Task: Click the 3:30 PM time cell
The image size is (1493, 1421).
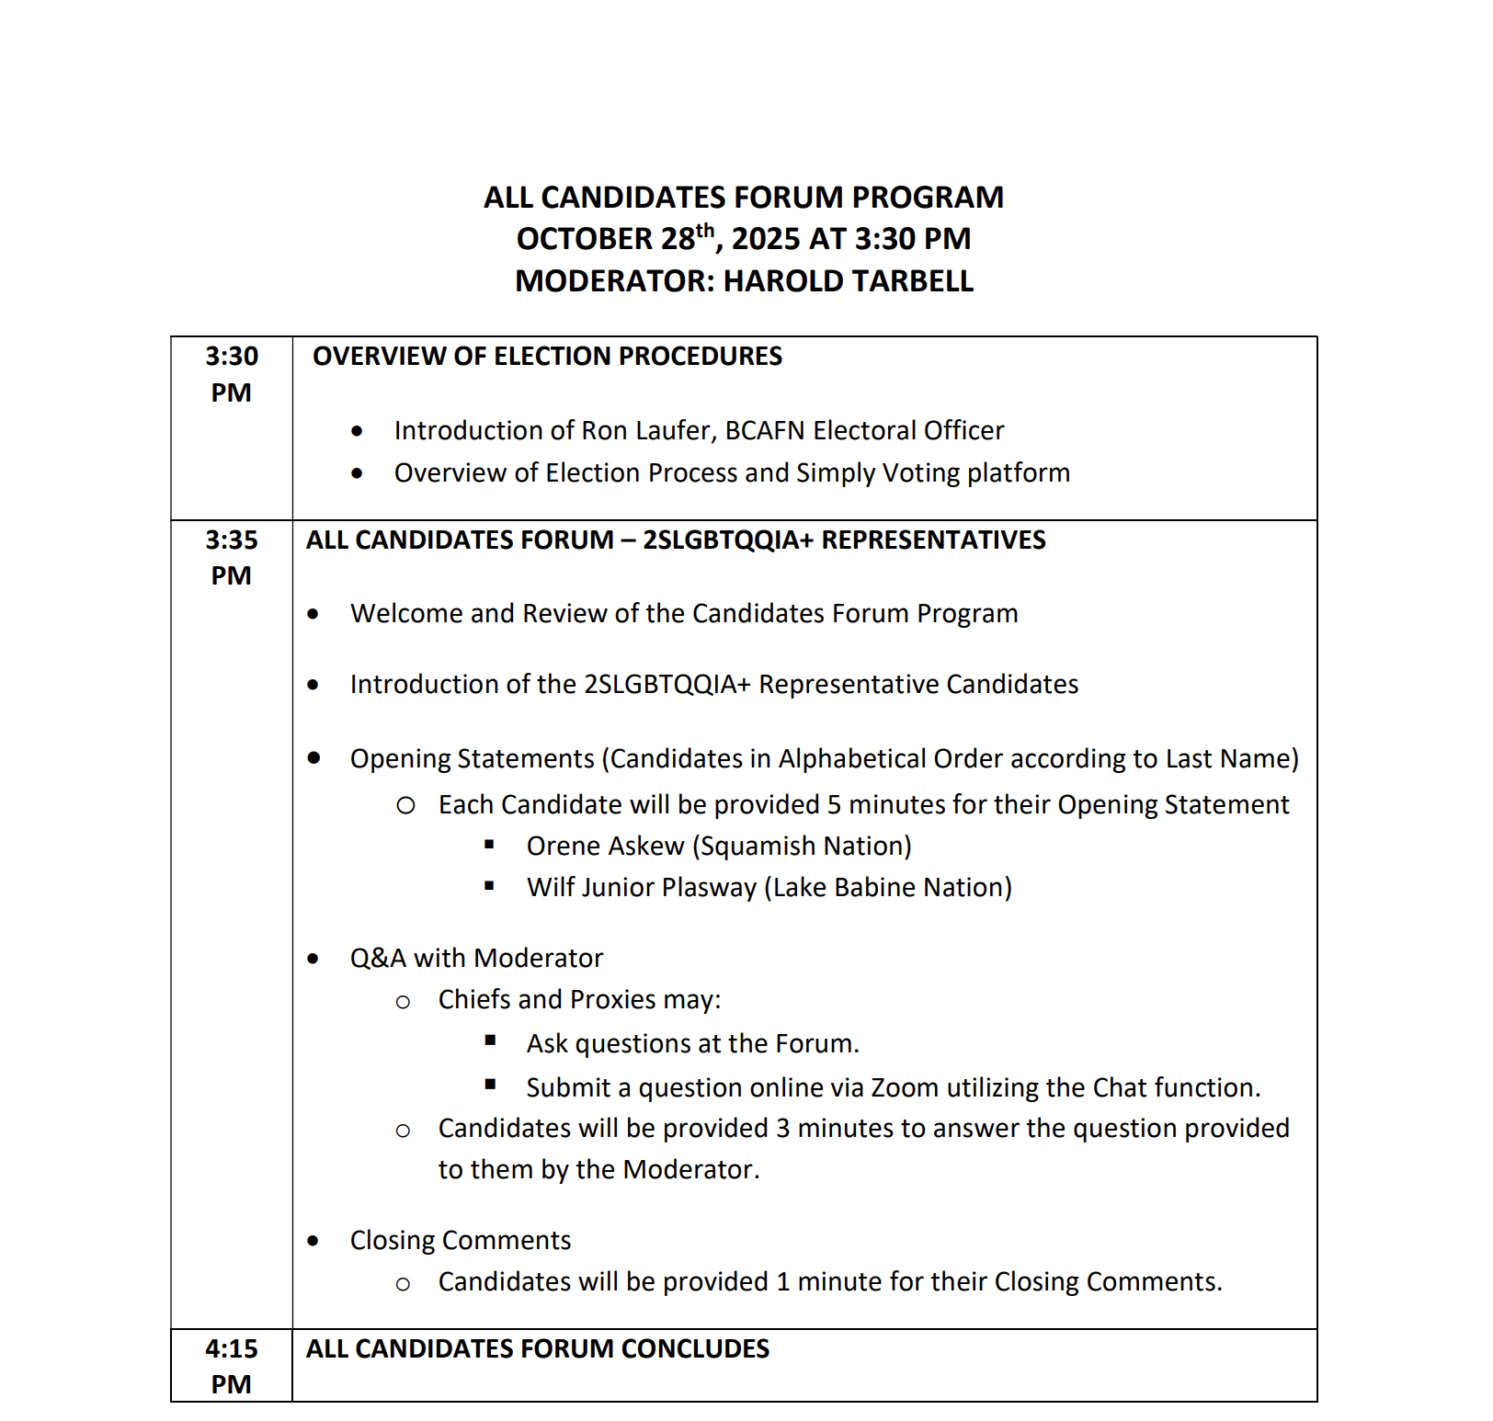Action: pyautogui.click(x=231, y=374)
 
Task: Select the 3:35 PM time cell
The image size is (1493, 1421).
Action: pyautogui.click(x=231, y=557)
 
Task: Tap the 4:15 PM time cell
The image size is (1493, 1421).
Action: pyautogui.click(x=231, y=1366)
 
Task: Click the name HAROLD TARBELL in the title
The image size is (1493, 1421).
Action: pyautogui.click(x=848, y=281)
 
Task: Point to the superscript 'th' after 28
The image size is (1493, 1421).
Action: pyautogui.click(x=705, y=231)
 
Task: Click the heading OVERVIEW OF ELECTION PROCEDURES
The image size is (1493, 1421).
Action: pyautogui.click(x=547, y=357)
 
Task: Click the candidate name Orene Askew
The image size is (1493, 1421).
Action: pyautogui.click(x=605, y=846)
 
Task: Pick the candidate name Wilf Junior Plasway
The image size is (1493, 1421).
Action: pyautogui.click(x=641, y=887)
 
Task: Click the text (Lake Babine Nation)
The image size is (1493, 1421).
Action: pyautogui.click(x=888, y=887)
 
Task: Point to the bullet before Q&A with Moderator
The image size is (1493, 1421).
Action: pyautogui.click(x=313, y=959)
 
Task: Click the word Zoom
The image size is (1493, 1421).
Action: pyautogui.click(x=905, y=1087)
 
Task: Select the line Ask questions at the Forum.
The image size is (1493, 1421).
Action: pyautogui.click(x=692, y=1043)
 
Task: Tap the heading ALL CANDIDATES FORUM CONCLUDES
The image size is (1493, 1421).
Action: pyautogui.click(x=537, y=1348)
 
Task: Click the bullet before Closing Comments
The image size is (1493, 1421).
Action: pyautogui.click(x=313, y=1241)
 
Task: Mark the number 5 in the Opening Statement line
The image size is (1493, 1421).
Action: pyautogui.click(x=834, y=804)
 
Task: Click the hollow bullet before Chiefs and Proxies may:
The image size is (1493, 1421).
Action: pyautogui.click(x=403, y=1002)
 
